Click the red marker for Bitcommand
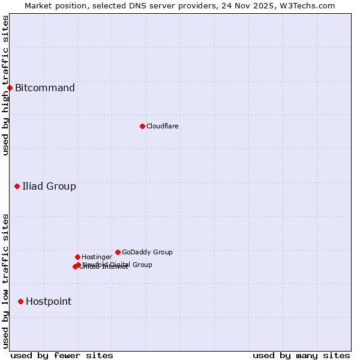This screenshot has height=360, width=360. (10, 88)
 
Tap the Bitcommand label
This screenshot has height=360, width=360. (45, 88)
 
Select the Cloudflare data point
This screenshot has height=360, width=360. (142, 126)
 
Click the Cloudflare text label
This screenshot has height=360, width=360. (162, 126)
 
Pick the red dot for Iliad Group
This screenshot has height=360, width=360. (17, 187)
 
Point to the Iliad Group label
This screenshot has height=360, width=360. (49, 187)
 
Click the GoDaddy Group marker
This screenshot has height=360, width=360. (118, 253)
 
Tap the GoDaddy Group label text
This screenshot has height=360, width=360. (147, 253)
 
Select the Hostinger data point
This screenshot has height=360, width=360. (77, 257)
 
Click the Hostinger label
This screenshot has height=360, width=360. (97, 257)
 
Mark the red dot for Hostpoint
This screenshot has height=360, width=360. (20, 301)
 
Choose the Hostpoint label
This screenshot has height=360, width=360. (49, 302)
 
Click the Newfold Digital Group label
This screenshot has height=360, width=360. (118, 264)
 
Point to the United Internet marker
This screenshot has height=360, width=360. (75, 267)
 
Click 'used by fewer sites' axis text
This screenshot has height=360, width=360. (62, 355)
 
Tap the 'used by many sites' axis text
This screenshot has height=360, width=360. (301, 355)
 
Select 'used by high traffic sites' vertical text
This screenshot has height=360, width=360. (5, 85)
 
